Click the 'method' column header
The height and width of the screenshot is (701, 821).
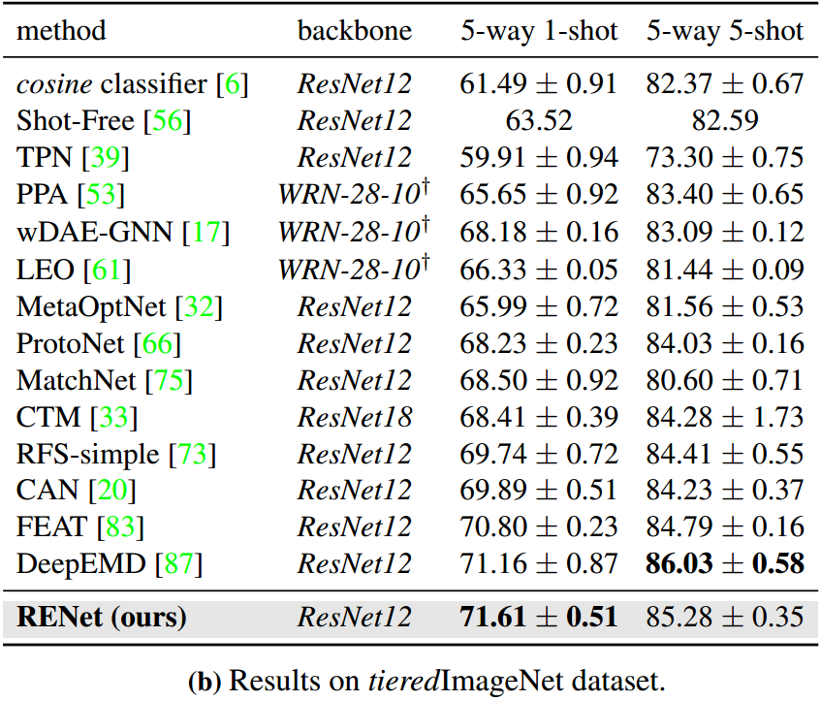click(62, 31)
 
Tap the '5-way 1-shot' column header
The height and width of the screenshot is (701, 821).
click(539, 31)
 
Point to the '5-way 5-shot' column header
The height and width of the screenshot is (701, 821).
click(725, 31)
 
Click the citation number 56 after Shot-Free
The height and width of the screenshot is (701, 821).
click(167, 121)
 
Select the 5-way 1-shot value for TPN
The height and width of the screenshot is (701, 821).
click(539, 158)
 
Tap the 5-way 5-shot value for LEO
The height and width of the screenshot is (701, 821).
click(725, 269)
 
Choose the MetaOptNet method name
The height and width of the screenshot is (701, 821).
click(92, 306)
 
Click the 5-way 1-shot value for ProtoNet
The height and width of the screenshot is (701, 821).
click(539, 343)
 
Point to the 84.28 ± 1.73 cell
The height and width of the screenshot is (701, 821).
click(725, 417)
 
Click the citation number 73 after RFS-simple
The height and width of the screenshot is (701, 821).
click(192, 454)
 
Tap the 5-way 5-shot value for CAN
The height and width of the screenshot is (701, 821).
click(725, 491)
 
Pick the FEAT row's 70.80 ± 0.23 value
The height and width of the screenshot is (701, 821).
click(539, 527)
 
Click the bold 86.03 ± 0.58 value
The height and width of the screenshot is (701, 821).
click(725, 564)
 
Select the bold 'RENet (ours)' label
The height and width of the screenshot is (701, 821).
click(102, 617)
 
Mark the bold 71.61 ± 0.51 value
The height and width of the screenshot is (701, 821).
click(539, 617)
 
